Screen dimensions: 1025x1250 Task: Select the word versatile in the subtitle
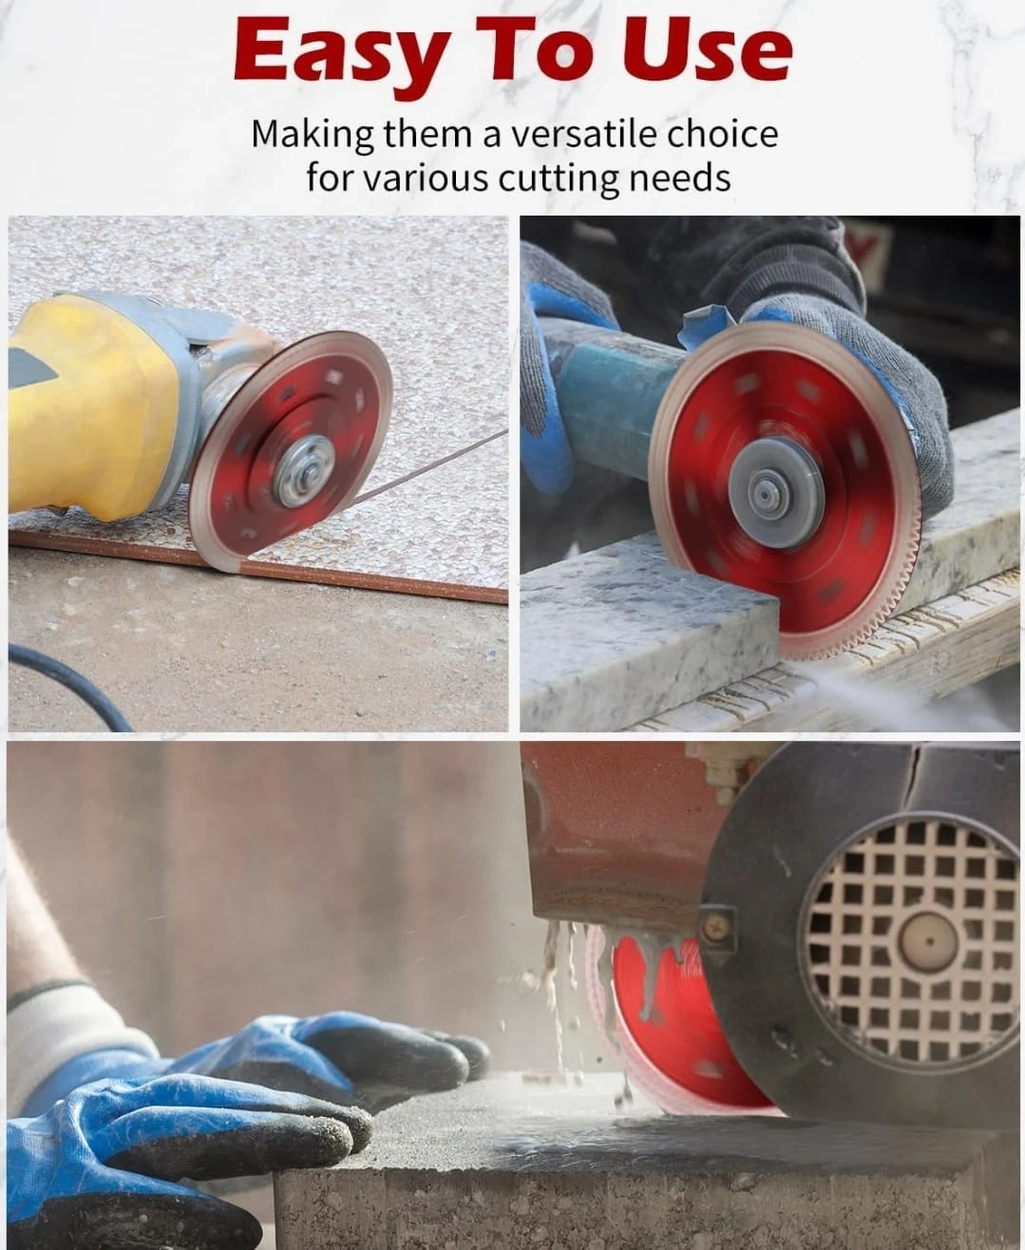click(x=585, y=135)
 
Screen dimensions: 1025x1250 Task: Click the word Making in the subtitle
click(x=312, y=136)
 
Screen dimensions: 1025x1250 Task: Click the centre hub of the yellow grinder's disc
click(x=304, y=469)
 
